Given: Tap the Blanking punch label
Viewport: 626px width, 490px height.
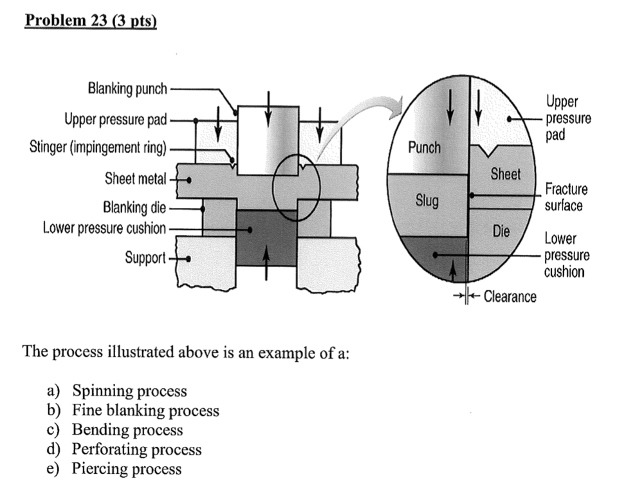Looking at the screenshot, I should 127,88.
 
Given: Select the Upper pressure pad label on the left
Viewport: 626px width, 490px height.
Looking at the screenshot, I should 115,120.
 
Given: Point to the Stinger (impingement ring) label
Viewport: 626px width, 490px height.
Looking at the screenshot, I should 98,149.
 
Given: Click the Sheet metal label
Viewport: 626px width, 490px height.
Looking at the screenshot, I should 135,178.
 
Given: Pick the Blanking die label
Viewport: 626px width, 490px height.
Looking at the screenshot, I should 134,208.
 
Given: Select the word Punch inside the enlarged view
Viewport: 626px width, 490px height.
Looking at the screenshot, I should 425,147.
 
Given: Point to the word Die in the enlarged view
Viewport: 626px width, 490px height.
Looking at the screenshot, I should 501,230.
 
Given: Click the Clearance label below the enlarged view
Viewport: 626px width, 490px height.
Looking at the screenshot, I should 510,297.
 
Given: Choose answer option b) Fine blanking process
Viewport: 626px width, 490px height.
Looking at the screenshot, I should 145,411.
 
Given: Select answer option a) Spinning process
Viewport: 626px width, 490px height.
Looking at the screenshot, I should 129,391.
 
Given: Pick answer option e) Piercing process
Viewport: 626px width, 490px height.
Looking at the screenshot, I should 126,469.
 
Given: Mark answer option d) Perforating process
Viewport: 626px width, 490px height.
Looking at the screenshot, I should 136,449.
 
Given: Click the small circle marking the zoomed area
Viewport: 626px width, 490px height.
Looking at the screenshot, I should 296,187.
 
